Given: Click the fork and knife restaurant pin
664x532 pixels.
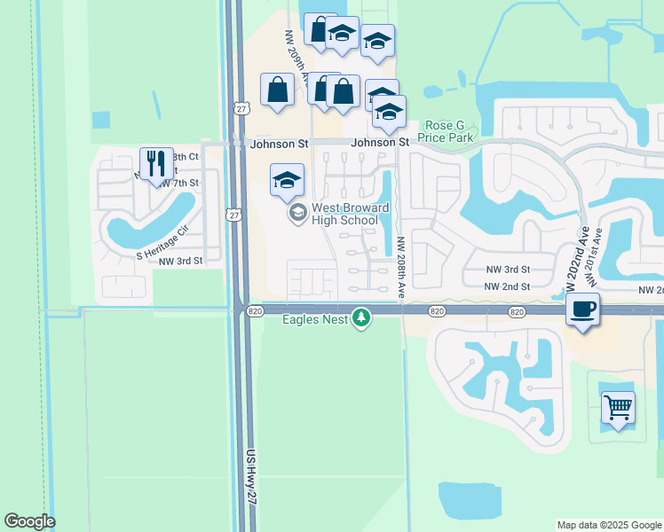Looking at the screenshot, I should click(x=156, y=164).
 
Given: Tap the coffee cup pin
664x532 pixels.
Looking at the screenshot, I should click(x=582, y=310).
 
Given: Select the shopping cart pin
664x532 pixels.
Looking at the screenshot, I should click(x=618, y=409).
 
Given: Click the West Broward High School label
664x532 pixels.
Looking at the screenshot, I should click(x=350, y=214).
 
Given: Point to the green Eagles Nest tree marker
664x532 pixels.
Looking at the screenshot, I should click(x=360, y=317).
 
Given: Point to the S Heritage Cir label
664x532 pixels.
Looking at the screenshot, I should click(x=163, y=243).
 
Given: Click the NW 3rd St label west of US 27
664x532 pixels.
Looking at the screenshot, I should click(x=182, y=261).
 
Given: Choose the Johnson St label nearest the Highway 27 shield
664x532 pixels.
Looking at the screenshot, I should click(x=278, y=143).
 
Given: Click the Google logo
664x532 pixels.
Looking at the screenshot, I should click(x=29, y=521).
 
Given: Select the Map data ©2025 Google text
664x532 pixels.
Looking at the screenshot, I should click(x=608, y=525).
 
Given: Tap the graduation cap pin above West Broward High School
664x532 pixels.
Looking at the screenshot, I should click(x=287, y=180).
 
